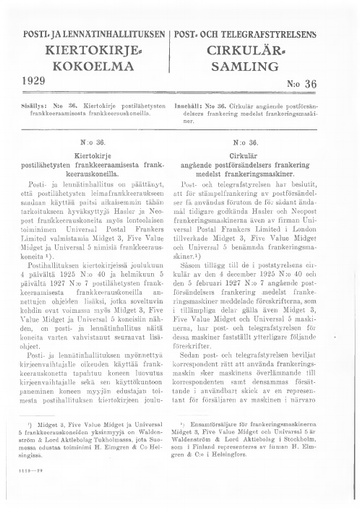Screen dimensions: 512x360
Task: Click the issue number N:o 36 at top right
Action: click(322, 79)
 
